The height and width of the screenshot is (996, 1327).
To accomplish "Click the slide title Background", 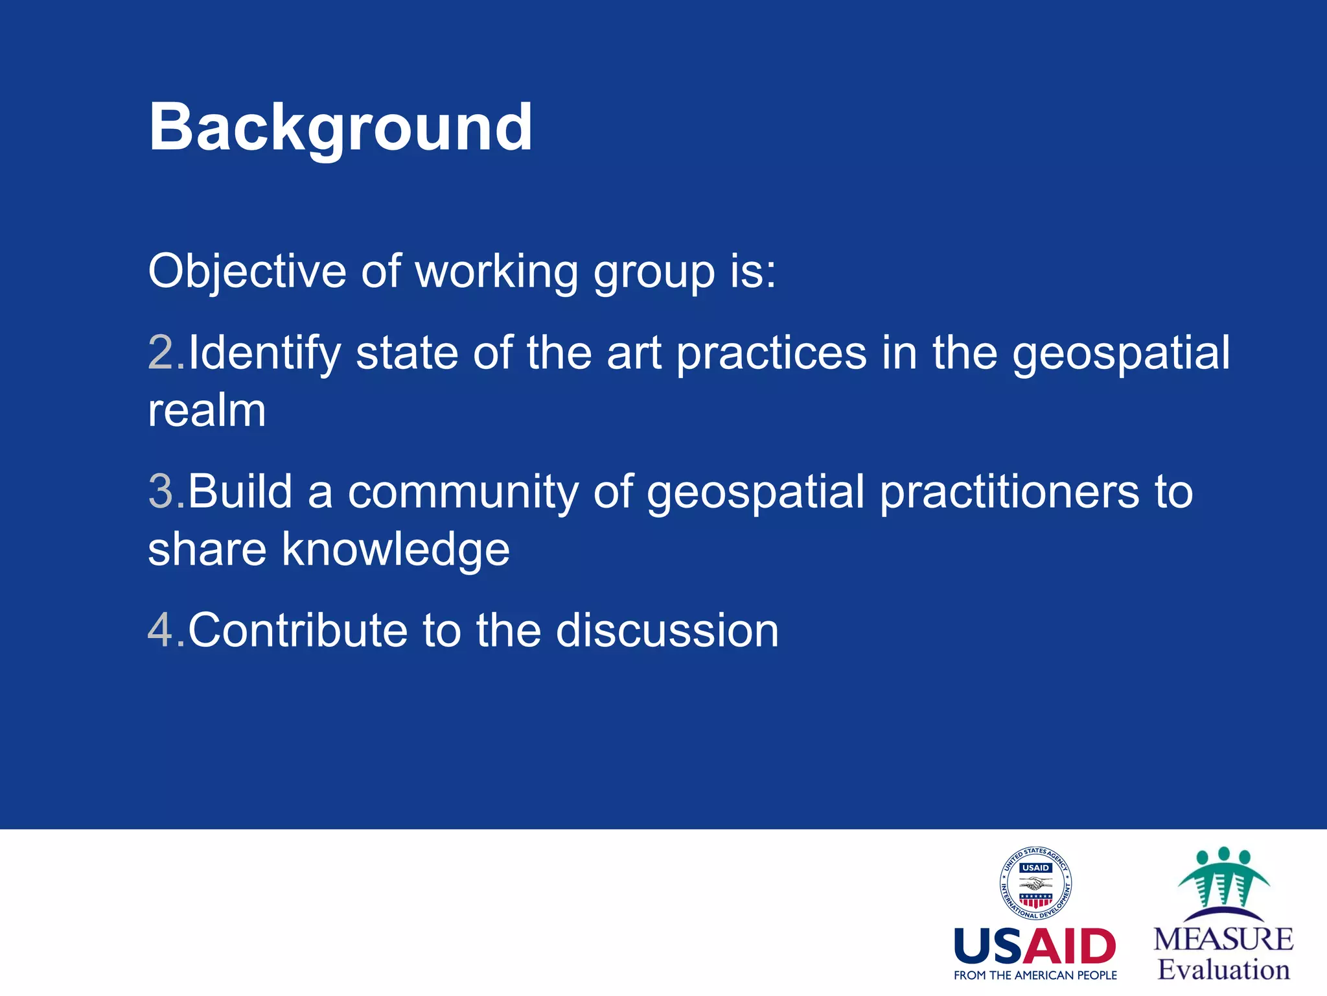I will click(x=340, y=128).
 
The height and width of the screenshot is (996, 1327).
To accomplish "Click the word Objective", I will click(x=247, y=271).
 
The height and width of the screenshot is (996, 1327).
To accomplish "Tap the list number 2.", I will click(x=161, y=353).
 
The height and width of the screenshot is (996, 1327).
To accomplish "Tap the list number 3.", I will click(x=161, y=492).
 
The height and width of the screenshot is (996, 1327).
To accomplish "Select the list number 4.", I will click(x=161, y=630).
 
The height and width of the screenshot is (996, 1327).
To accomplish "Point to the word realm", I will click(x=207, y=411).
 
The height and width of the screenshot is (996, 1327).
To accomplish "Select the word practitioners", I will click(x=1009, y=492).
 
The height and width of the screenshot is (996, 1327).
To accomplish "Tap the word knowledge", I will click(x=395, y=550).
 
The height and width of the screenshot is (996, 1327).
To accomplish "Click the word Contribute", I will click(x=297, y=630).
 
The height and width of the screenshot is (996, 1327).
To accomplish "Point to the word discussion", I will click(x=667, y=630).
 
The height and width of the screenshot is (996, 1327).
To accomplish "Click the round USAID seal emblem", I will click(x=1035, y=884).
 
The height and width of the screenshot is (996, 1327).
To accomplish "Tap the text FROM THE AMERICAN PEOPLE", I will click(x=1035, y=975).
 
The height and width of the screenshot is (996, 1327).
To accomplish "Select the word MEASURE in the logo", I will click(x=1223, y=940).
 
